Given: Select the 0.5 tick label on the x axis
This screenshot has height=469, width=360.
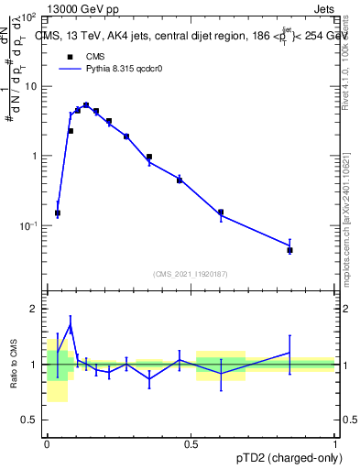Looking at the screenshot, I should point(191,442).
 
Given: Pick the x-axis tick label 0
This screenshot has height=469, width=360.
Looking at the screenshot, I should point(47,442).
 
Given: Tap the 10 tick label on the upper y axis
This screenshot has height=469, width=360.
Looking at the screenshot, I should point(31,86).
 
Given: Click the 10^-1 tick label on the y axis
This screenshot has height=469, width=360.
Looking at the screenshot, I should point(29,225).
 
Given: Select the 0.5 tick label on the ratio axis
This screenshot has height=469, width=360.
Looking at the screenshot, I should point(32,420).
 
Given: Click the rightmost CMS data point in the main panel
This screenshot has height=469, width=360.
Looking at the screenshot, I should point(289,250).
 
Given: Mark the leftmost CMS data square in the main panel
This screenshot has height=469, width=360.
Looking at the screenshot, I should point(58,213).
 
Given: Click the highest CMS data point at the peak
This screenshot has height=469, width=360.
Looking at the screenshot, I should point(86,105).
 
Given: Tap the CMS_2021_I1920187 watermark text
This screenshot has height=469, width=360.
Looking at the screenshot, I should point(191,274).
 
